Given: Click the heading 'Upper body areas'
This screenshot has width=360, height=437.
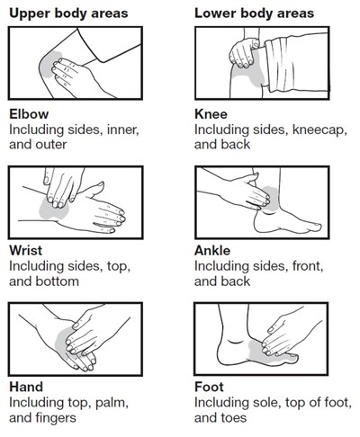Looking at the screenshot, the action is click(x=68, y=13).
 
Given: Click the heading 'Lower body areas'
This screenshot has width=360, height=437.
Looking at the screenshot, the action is click(x=255, y=13).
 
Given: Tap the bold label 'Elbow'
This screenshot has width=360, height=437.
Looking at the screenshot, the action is click(x=29, y=114).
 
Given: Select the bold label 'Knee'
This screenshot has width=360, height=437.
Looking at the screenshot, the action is click(x=211, y=114).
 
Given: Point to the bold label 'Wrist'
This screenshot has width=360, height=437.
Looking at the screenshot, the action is click(x=26, y=251).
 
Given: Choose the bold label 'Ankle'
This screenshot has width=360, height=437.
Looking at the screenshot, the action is click(x=212, y=251).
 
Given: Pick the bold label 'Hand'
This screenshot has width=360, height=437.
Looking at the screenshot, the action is click(x=26, y=387).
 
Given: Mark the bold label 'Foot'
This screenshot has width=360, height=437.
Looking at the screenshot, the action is click(x=209, y=387).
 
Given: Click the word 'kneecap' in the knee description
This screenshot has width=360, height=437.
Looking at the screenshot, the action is click(x=319, y=130).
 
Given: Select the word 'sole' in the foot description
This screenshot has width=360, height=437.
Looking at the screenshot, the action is click(x=266, y=402).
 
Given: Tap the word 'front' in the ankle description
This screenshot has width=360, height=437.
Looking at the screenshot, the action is click(x=306, y=266).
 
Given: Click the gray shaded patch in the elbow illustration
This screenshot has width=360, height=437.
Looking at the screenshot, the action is click(x=49, y=65).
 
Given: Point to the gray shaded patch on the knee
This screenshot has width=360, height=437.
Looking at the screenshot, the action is click(x=250, y=75).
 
